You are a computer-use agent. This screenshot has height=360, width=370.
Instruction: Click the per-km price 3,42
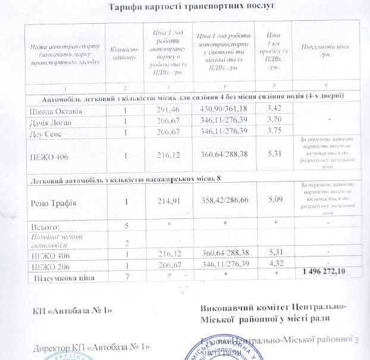(x=275, y=109)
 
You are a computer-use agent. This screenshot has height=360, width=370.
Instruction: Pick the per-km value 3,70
(x=275, y=120)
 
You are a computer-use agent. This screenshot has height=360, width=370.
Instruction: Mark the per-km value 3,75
(x=275, y=130)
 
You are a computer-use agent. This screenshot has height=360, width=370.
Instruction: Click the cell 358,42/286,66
(x=224, y=201)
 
